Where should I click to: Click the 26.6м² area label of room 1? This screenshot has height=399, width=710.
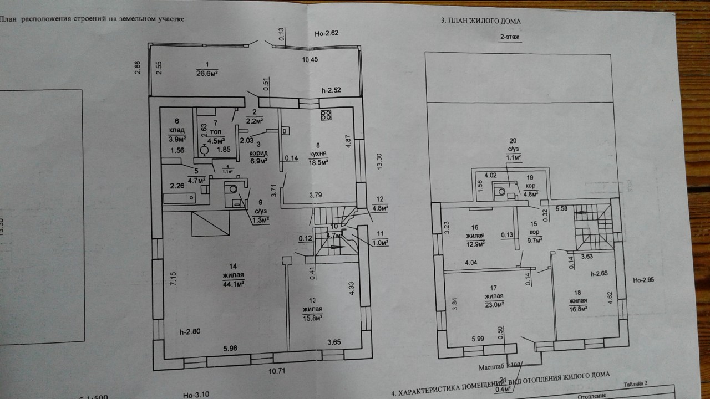click(206, 73)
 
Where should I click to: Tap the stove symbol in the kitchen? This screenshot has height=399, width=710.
click(326, 116)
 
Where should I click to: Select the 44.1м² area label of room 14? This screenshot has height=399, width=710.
click(233, 283)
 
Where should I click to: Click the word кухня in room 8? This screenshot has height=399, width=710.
click(317, 154)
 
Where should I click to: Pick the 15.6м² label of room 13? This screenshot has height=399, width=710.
click(313, 317)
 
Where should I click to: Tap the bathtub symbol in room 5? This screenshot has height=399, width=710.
click(180, 197)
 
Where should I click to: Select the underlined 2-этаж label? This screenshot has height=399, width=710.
click(510, 37)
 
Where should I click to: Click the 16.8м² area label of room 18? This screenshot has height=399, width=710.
click(578, 309)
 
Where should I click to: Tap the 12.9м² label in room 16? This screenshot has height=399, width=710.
click(475, 243)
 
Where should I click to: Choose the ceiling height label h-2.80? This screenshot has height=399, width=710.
click(190, 332)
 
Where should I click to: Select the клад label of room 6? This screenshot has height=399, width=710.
click(177, 131)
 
